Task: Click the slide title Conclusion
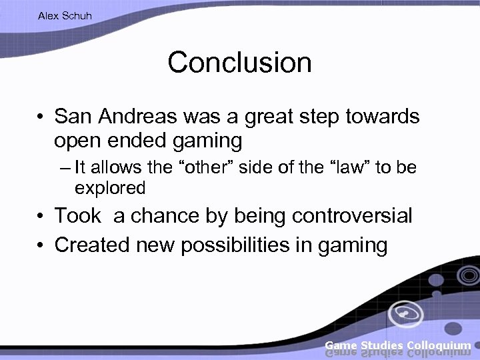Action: [239, 63]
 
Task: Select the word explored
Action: [110, 188]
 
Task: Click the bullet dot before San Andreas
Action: [41, 118]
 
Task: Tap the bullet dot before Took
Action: [41, 217]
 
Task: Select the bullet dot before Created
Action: [41, 246]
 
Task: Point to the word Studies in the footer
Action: [381, 345]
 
